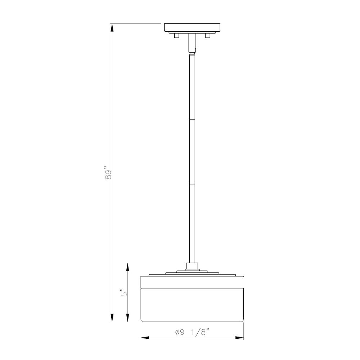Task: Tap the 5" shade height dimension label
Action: pyautogui.click(x=123, y=292)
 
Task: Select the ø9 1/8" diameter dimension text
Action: pyautogui.click(x=192, y=332)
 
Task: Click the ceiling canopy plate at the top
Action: pyautogui.click(x=192, y=28)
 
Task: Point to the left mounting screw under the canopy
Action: pyautogui.click(x=176, y=36)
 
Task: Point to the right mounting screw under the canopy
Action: pyautogui.click(x=208, y=36)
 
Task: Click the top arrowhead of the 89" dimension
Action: pyautogui.click(x=112, y=28)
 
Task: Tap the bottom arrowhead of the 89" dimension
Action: pyautogui.click(x=112, y=318)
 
